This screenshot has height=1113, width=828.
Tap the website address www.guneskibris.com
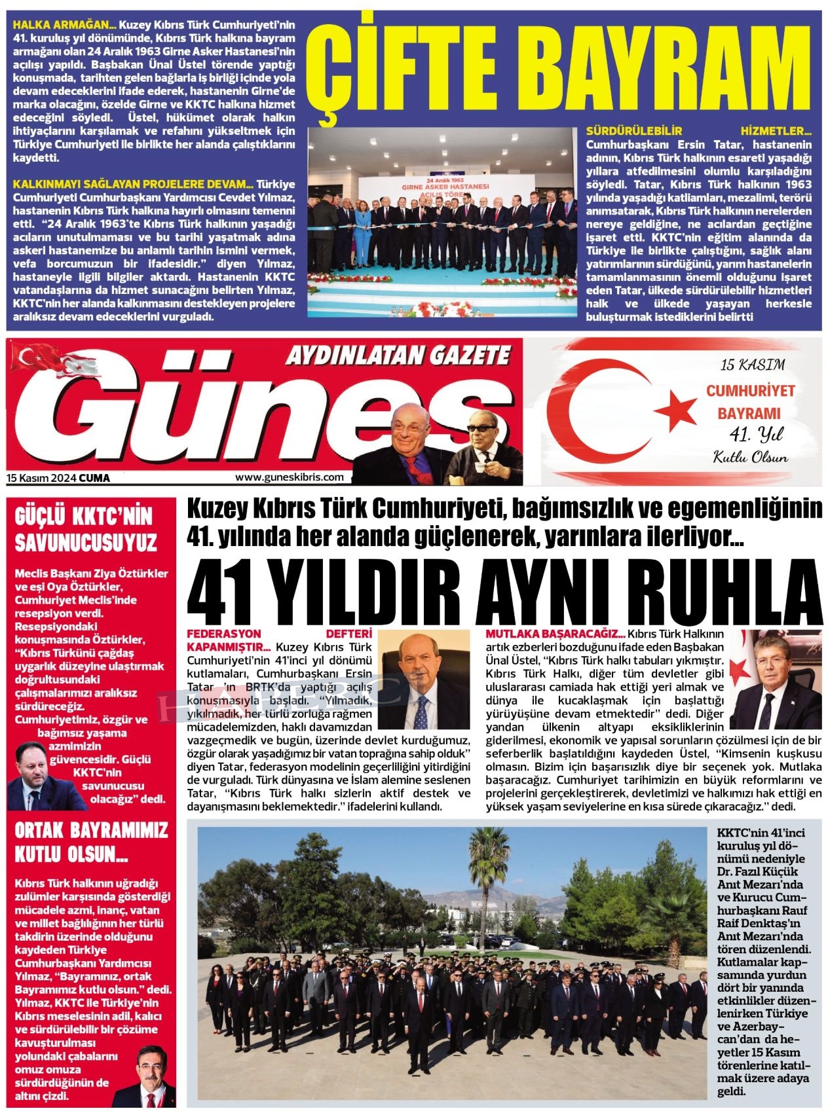(x=289, y=477)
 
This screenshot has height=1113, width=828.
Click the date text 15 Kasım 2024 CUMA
(x=58, y=478)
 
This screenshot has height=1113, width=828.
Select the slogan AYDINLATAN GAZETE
(x=398, y=356)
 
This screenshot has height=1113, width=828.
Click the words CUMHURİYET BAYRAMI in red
(x=750, y=402)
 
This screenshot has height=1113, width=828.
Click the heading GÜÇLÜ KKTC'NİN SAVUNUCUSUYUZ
(x=86, y=530)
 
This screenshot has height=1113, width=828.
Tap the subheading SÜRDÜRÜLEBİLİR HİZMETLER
(x=698, y=131)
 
